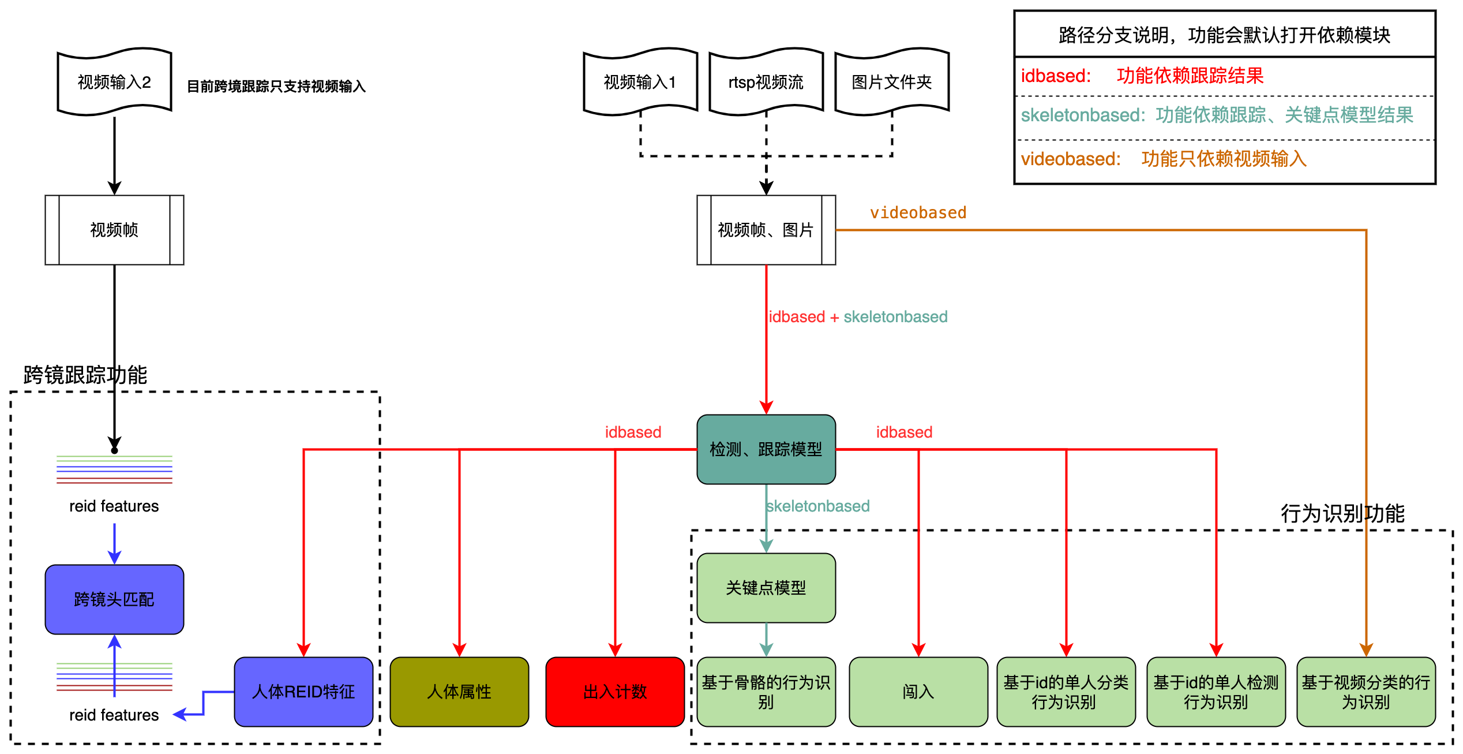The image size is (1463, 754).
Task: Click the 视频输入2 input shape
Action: tap(114, 82)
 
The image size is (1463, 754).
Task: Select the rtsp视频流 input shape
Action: tap(766, 82)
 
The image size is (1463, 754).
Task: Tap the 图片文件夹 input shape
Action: tap(892, 82)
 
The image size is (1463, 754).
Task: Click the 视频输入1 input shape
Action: tap(640, 82)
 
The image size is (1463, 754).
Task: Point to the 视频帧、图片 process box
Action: tap(766, 230)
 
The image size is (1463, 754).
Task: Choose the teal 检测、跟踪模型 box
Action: tap(766, 449)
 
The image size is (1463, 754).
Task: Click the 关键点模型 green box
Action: tap(766, 588)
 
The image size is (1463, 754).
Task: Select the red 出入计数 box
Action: tap(615, 692)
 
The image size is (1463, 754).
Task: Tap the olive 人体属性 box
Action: tap(459, 692)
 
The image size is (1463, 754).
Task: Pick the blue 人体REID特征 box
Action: tap(303, 692)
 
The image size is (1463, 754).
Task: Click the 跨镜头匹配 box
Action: tap(114, 599)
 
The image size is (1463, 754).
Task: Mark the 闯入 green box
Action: tap(918, 692)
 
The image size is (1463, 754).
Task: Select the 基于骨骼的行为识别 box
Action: tap(766, 692)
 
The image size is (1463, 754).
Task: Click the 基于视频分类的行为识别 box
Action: tap(1366, 692)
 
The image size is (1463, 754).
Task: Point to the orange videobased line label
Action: tap(918, 213)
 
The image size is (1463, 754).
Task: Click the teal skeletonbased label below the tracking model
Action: tap(817, 506)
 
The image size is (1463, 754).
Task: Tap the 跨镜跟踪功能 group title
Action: tap(85, 375)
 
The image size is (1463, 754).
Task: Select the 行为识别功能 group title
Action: tap(1342, 513)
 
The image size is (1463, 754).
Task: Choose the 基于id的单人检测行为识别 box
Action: tap(1216, 692)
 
